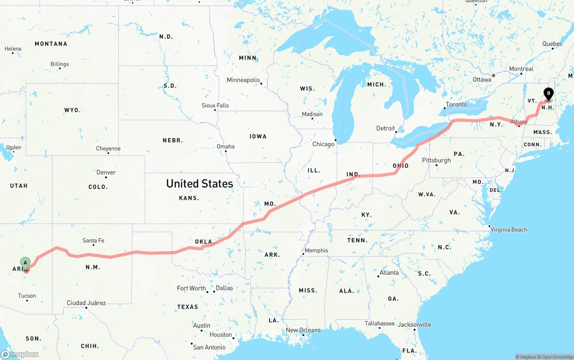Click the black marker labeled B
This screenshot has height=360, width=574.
(548, 94)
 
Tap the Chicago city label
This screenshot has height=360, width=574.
(323, 144)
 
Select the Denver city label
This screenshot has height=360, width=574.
(106, 172)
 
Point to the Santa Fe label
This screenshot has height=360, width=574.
(93, 241)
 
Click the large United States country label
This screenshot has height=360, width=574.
(200, 183)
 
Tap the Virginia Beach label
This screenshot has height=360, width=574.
(509, 230)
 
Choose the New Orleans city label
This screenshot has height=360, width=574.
(303, 330)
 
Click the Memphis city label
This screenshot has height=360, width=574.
(316, 251)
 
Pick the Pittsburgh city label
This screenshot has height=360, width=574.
(436, 160)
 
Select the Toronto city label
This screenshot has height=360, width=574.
(456, 104)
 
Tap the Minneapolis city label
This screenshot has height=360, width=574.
(243, 80)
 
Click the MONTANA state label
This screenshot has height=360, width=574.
(51, 44)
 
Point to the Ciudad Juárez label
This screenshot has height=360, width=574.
(86, 303)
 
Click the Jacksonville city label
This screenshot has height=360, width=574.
(414, 325)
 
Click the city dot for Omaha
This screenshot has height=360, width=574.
(226, 152)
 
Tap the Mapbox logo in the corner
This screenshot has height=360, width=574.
(20, 354)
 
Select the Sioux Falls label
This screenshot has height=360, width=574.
(215, 105)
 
